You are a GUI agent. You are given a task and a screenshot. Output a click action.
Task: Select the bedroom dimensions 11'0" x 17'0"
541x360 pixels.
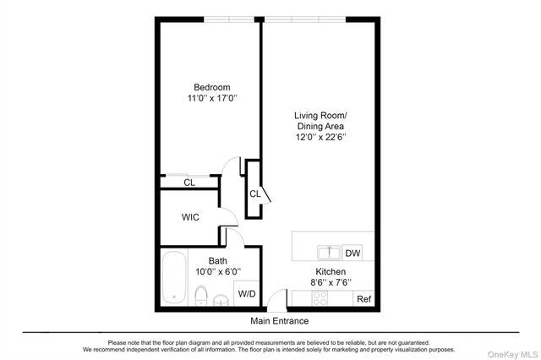(212, 99)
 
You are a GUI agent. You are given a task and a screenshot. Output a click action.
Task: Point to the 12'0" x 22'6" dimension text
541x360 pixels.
(320, 136)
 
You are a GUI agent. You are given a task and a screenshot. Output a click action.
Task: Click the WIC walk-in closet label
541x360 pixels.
(190, 217)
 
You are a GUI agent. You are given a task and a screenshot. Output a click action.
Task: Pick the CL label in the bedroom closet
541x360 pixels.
(189, 182)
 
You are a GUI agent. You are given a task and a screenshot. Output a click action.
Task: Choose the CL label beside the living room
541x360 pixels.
(254, 194)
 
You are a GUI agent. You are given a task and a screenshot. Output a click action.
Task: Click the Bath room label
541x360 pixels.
(217, 261)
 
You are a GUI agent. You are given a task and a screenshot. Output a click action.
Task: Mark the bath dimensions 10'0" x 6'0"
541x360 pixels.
(217, 272)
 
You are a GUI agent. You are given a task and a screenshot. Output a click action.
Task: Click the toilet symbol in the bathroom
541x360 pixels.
(201, 295)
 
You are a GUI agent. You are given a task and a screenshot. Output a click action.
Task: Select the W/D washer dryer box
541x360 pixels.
(246, 294)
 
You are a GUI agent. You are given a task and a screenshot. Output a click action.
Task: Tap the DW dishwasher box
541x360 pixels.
(352, 253)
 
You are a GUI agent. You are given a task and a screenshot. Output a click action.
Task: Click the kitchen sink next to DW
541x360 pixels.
(328, 252)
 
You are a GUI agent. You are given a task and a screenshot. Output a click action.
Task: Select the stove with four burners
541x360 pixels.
(321, 298)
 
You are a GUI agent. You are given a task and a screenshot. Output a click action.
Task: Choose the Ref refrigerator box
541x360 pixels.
(363, 299)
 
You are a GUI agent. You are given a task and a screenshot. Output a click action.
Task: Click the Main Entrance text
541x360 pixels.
(279, 321)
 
